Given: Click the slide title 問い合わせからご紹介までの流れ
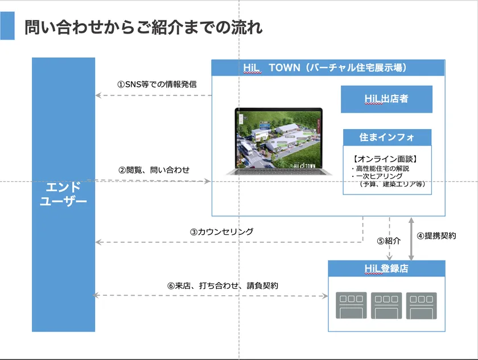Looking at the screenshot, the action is pyautogui.click(x=143, y=27).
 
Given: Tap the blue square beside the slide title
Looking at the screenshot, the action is pyautogui.click(x=7, y=26).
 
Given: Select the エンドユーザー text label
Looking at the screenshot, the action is pyautogui.click(x=63, y=194).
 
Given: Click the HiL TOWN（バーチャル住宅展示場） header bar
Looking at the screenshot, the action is pyautogui.click(x=328, y=68).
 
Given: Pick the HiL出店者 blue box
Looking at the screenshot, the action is pyautogui.click(x=386, y=99).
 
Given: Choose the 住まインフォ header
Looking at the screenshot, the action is pyautogui.click(x=387, y=138).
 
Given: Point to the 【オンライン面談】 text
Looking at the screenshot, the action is pyautogui.click(x=385, y=159).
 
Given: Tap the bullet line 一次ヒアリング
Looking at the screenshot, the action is pyautogui.click(x=377, y=176).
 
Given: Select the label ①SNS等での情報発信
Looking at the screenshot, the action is pyautogui.click(x=156, y=84).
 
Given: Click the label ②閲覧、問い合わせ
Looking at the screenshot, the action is pyautogui.click(x=154, y=170).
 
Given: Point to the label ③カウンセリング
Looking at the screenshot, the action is pyautogui.click(x=221, y=232).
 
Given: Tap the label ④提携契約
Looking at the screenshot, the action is pyautogui.click(x=436, y=236).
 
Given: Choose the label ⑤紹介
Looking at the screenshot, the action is pyautogui.click(x=389, y=241).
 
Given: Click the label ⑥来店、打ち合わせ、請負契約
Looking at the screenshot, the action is pyautogui.click(x=222, y=285).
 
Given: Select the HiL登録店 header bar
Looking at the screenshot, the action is pyautogui.click(x=386, y=268).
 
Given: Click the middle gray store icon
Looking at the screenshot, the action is pyautogui.click(x=386, y=306).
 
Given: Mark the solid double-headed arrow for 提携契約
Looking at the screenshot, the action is pyautogui.click(x=411, y=239).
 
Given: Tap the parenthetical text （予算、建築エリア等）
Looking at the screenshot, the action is pyautogui.click(x=392, y=184).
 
